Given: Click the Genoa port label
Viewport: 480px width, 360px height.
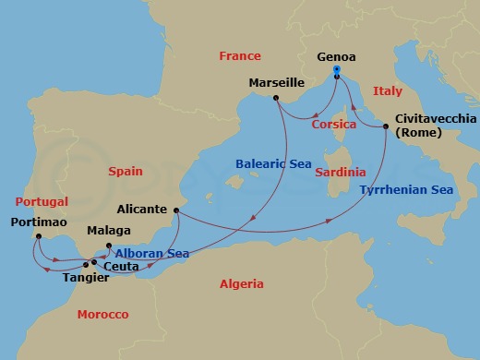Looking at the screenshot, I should pos(336,54).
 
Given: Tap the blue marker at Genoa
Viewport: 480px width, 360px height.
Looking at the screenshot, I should pos(337,71).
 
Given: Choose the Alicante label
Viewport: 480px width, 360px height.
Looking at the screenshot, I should pos(143,210).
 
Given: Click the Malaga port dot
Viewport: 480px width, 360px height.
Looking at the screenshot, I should pos(109,246).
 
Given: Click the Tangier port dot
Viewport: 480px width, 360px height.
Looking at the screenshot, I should pos(86,265).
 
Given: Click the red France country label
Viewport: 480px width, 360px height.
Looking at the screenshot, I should pos(240,56).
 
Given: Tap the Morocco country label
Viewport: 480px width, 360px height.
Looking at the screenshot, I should pos(102,315).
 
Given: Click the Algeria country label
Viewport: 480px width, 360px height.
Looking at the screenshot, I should pos(242,284).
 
